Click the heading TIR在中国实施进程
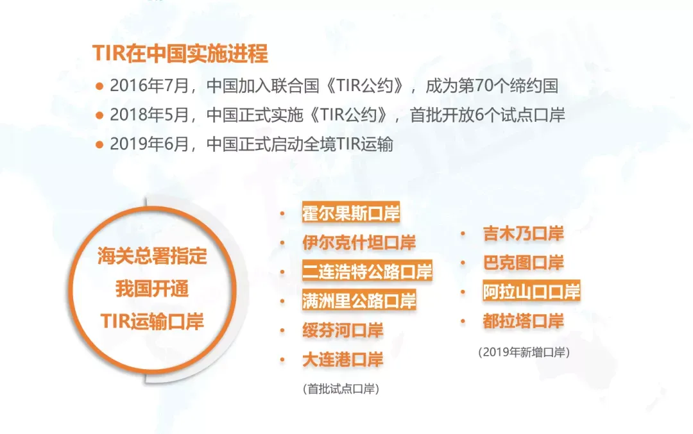point(180,53)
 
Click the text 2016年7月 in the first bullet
point(150,86)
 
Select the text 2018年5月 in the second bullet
point(150,115)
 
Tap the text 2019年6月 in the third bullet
point(150,144)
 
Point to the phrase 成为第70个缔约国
point(492,86)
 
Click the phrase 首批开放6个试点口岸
point(488,115)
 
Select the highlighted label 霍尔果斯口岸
point(351,213)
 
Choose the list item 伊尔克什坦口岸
point(359,242)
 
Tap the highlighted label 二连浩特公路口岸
point(367,272)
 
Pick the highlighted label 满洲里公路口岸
point(359,301)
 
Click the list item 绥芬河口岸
point(343,330)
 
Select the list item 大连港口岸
point(343,360)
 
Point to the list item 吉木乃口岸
point(524,233)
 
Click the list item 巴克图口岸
point(524,263)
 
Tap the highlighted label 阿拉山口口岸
point(531,292)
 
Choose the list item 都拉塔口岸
point(524,321)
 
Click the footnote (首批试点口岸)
point(341,389)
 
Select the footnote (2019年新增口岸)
point(524,352)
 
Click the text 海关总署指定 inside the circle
point(153,256)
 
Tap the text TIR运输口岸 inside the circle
point(153,321)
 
